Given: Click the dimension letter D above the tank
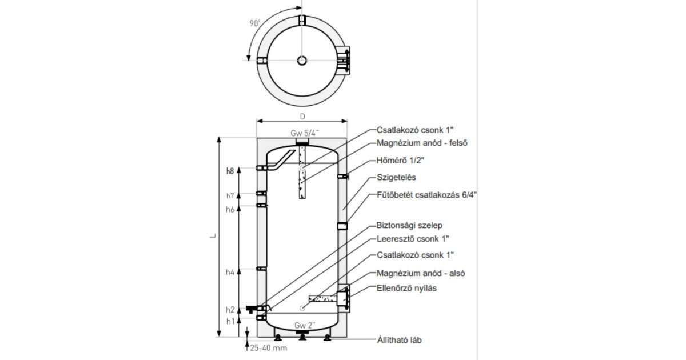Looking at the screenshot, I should point(302,116).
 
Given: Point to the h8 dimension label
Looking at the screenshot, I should point(230,170).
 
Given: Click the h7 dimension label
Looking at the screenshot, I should point(230,195).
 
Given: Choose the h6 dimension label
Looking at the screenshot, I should point(230,210).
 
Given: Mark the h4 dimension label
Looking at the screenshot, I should point(230,273).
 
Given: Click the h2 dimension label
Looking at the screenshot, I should point(230,310).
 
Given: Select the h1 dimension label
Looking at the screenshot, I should point(230,322).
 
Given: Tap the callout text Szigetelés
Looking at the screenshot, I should point(396,178).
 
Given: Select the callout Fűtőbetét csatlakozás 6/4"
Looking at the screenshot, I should point(426,194).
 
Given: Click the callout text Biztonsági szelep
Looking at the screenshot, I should point(409,225).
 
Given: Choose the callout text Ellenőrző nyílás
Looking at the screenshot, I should point(407,288).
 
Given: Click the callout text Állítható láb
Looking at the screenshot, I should point(398,341).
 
